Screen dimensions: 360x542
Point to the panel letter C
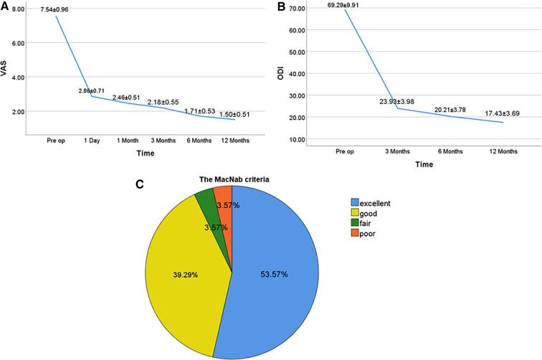pos(141,184)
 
